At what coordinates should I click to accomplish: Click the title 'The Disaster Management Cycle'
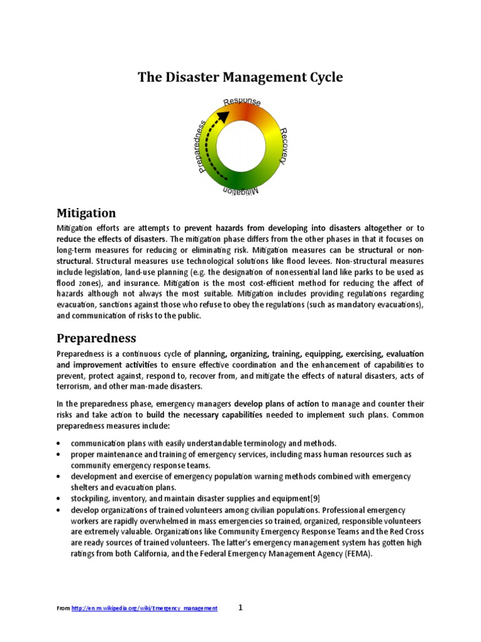point(240,78)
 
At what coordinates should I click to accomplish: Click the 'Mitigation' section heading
point(86,213)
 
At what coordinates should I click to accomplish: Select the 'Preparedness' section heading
point(96,338)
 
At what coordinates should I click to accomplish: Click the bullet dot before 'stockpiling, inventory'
point(58,499)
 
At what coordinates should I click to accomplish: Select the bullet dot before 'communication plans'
point(58,443)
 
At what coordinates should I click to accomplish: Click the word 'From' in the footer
point(63,609)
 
